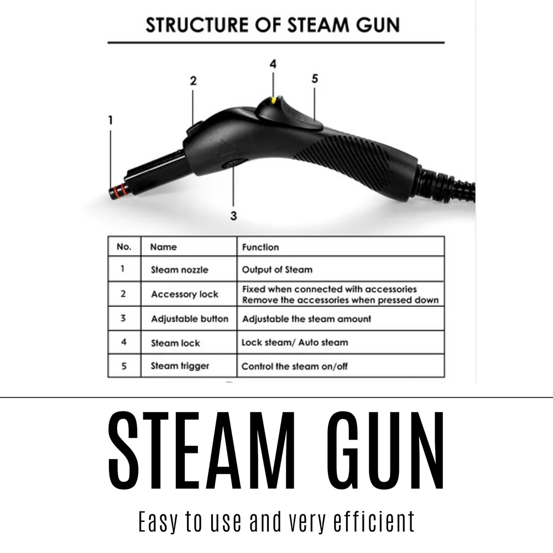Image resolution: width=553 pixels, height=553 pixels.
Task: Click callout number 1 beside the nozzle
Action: click(x=111, y=120)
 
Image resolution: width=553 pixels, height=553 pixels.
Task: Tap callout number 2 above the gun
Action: click(x=193, y=81)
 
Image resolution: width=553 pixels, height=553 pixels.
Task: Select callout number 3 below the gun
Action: click(x=233, y=216)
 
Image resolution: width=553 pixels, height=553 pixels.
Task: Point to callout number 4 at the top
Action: click(x=273, y=64)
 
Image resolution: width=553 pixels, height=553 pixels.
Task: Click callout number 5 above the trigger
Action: click(x=315, y=79)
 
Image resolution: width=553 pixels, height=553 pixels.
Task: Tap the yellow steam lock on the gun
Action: click(x=273, y=100)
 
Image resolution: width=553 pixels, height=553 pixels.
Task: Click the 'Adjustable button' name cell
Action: click(x=189, y=319)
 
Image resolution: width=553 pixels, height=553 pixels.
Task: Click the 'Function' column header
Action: click(x=260, y=247)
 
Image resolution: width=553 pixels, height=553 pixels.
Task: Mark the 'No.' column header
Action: click(x=124, y=247)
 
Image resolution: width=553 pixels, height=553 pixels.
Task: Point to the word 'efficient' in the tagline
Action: click(x=374, y=521)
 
